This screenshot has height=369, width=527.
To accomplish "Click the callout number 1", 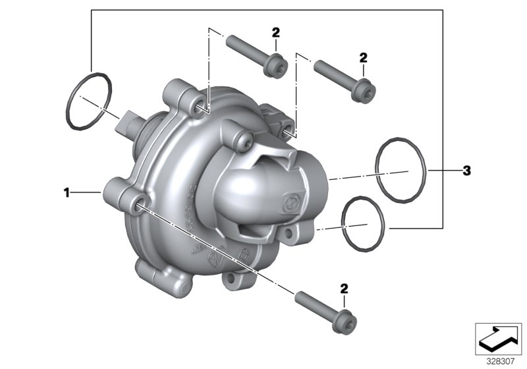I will (66, 192).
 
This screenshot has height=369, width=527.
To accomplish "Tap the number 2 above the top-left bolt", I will (275, 32).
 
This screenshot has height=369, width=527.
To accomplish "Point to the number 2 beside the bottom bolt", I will (344, 289).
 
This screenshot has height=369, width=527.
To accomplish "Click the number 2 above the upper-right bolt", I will (363, 58).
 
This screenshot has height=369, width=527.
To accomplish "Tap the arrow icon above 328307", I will (498, 339).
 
